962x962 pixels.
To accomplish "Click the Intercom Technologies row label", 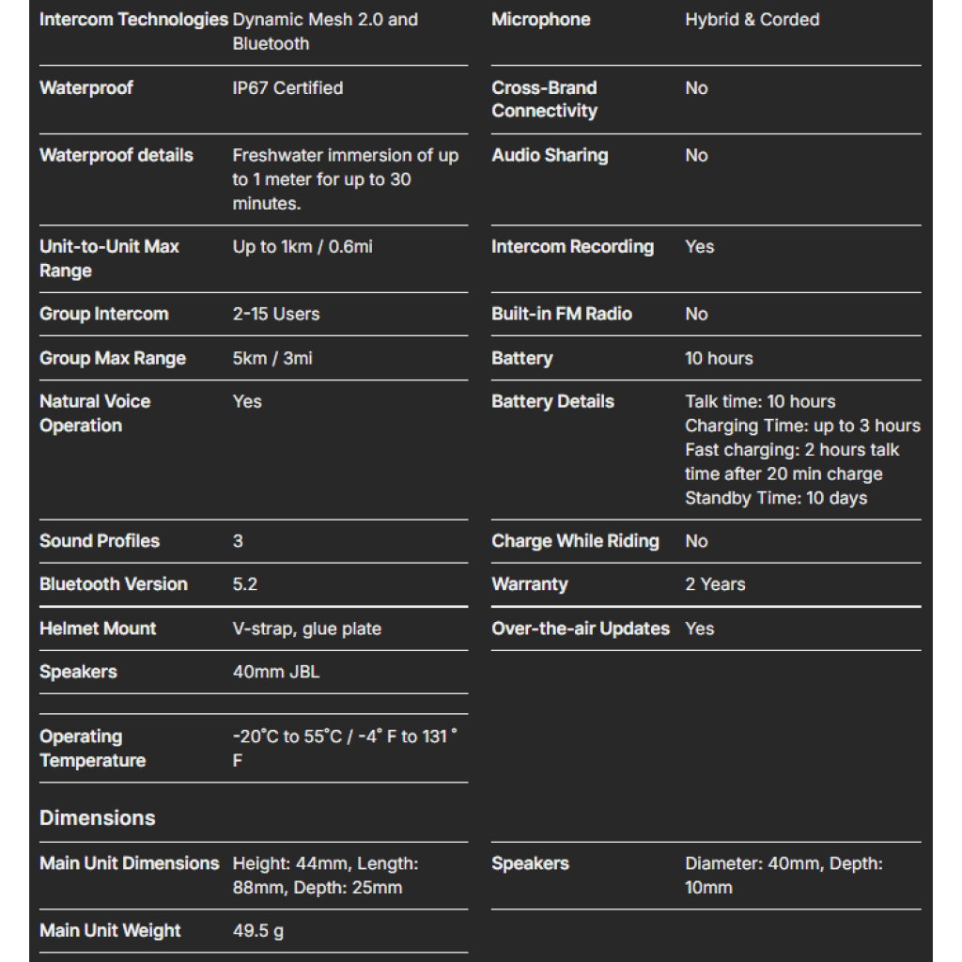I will tap(133, 20).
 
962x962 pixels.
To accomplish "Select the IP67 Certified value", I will tap(287, 88).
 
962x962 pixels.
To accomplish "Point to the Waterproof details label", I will tap(116, 156).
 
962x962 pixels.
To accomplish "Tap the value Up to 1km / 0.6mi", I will tap(303, 247).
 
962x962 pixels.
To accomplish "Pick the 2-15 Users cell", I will tap(276, 315).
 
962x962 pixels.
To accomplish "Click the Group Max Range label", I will tap(113, 359).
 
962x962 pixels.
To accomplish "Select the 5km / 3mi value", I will tap(272, 359).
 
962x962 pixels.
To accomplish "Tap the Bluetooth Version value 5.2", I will tap(245, 584).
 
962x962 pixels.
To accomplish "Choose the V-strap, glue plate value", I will tap(307, 628).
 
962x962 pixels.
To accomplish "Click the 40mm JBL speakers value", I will tap(276, 673).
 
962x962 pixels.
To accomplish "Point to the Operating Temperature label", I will tap(92, 749).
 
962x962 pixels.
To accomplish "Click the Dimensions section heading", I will tap(98, 818).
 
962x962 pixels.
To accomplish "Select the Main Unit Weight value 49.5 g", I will tap(259, 931).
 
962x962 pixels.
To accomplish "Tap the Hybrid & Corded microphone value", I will tap(753, 20).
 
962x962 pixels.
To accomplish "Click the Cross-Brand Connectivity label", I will tap(545, 100).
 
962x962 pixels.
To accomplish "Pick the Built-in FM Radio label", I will tap(562, 315).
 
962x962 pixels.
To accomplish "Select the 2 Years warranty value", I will tap(715, 584).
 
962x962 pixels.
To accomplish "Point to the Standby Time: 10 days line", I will tap(776, 499).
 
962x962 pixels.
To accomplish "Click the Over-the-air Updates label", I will tap(581, 628).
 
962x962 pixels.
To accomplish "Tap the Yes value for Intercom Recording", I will tap(700, 247).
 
